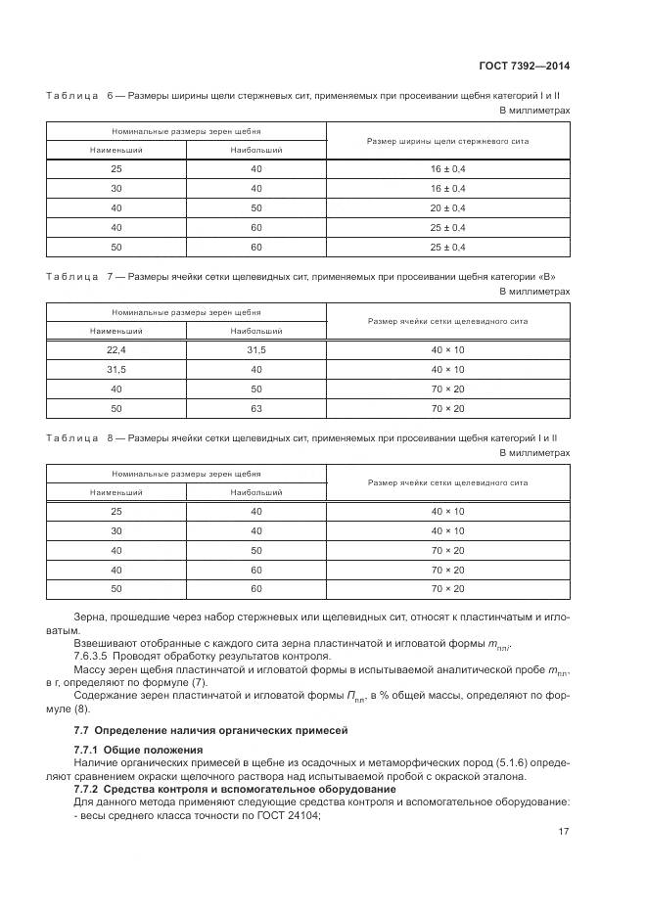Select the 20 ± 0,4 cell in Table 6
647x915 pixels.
click(447, 208)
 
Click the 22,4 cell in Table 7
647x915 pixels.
click(116, 349)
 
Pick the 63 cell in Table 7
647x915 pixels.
click(256, 408)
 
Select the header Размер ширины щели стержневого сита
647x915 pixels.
click(447, 141)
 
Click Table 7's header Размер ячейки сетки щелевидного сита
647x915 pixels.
click(447, 321)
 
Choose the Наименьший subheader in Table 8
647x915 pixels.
click(116, 492)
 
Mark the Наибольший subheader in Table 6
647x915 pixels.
click(256, 151)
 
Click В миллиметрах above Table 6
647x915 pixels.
click(534, 111)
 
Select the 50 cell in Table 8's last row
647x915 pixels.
click(116, 589)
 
